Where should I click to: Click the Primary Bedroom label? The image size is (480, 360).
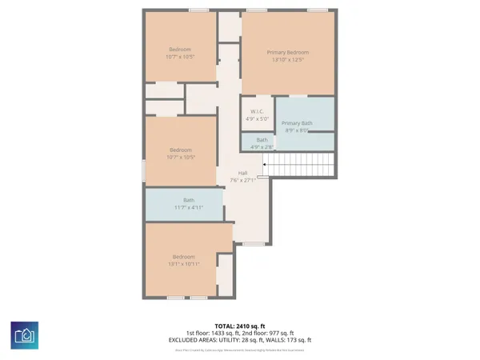point(288,53)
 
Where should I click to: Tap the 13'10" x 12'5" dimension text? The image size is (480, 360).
point(288,60)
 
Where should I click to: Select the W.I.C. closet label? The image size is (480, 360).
point(257,112)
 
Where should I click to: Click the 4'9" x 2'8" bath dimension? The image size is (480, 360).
point(262,146)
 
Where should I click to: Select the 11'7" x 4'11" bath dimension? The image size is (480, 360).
point(189,207)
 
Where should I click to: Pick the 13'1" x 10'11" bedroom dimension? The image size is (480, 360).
point(184,263)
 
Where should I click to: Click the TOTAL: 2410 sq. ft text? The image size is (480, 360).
point(239,326)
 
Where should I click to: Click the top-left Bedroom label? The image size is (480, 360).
point(180,49)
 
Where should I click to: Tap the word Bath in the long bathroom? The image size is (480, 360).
point(189,200)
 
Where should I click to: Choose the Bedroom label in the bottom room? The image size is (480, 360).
point(184,256)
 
